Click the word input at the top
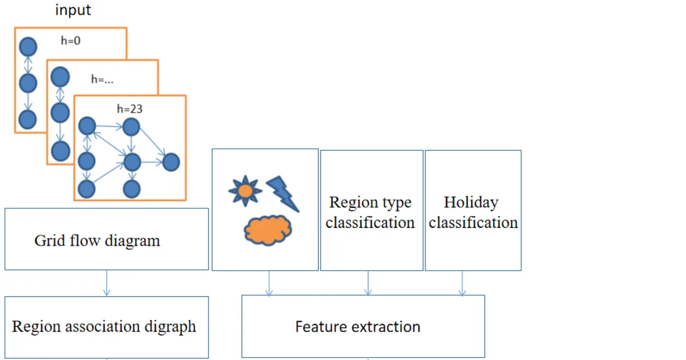[73, 10]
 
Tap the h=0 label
[71, 41]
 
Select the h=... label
[102, 79]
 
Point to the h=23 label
[130, 109]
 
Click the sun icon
[245, 191]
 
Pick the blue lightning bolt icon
[282, 194]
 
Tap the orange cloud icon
[268, 230]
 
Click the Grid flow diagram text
[97, 241]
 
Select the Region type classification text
[370, 213]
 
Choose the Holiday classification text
[473, 213]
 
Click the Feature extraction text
[358, 327]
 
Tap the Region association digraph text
[104, 327]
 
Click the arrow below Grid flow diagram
[106, 283]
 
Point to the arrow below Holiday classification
[462, 283]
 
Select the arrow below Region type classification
[368, 283]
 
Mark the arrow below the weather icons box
[269, 283]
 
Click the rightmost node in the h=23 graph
[171, 162]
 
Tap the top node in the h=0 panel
[28, 47]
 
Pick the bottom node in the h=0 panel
[27, 119]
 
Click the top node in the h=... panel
[60, 77]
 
